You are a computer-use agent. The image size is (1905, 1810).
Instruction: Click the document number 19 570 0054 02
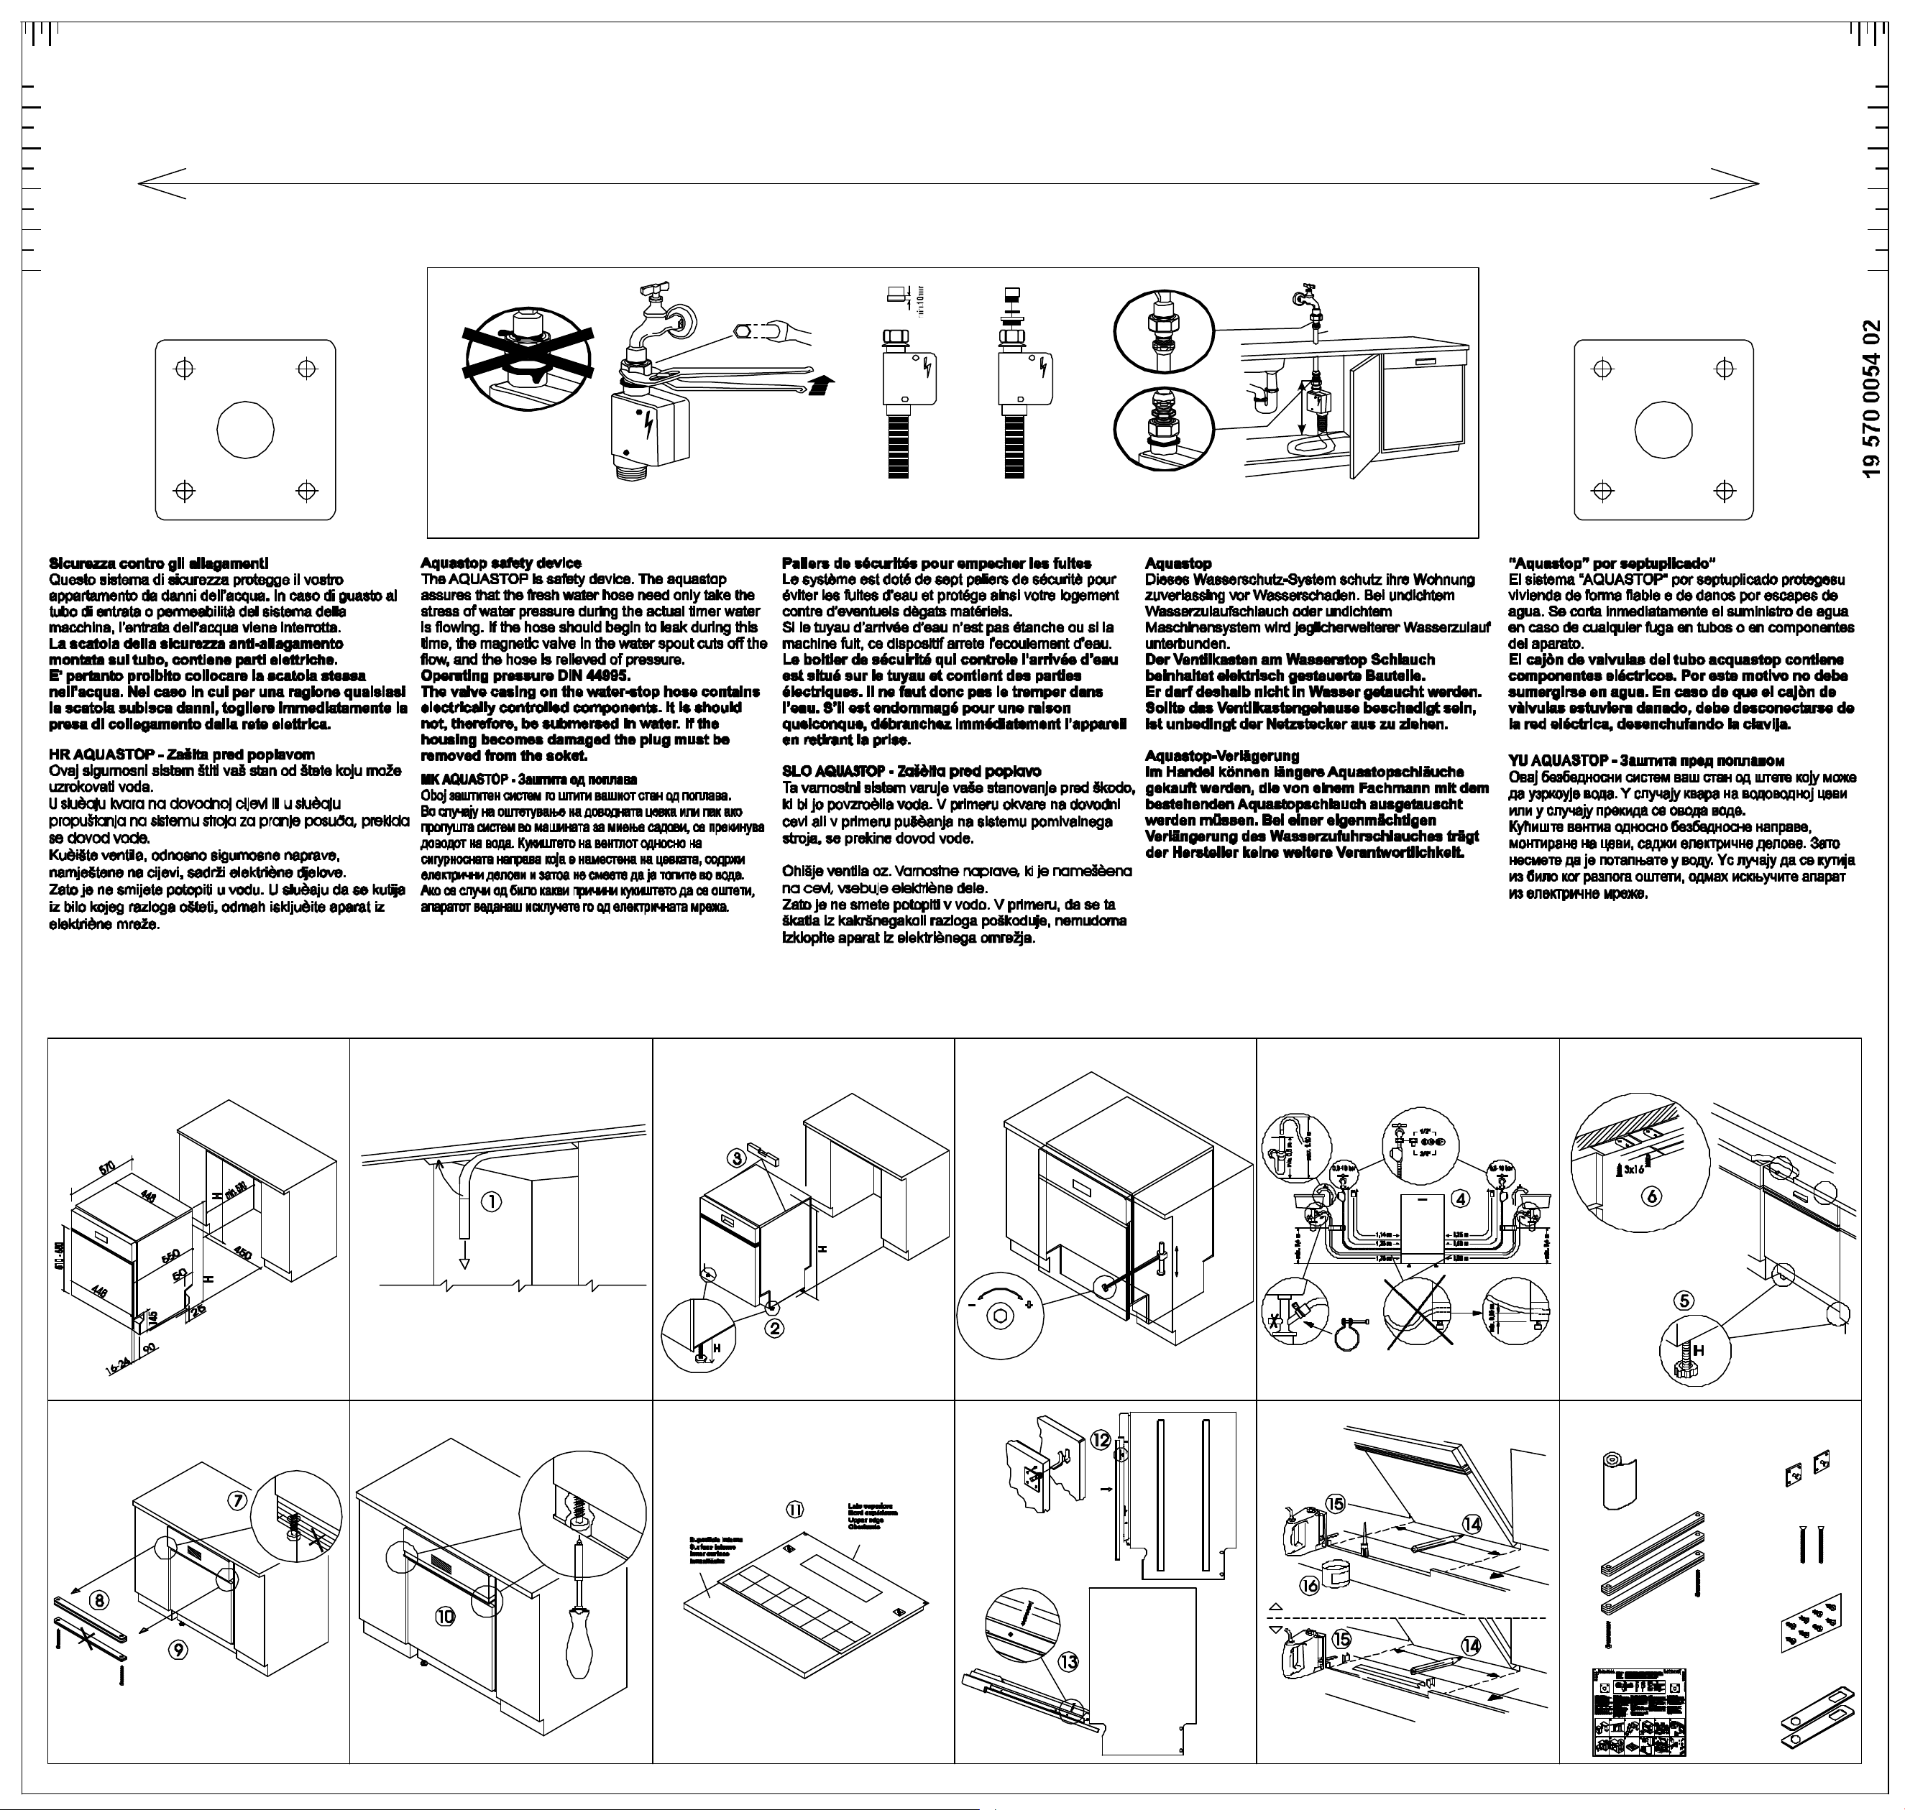(1872, 397)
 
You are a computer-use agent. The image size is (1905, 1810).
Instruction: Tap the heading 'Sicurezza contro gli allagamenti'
(158, 563)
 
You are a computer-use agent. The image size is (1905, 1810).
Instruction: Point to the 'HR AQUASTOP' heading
(181, 754)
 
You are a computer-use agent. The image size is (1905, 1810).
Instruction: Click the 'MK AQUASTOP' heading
(528, 779)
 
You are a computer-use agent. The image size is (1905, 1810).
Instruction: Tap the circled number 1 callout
(491, 1201)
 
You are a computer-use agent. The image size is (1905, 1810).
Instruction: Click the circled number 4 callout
(1461, 1199)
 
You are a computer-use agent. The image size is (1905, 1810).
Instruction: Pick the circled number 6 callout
(1652, 1196)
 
